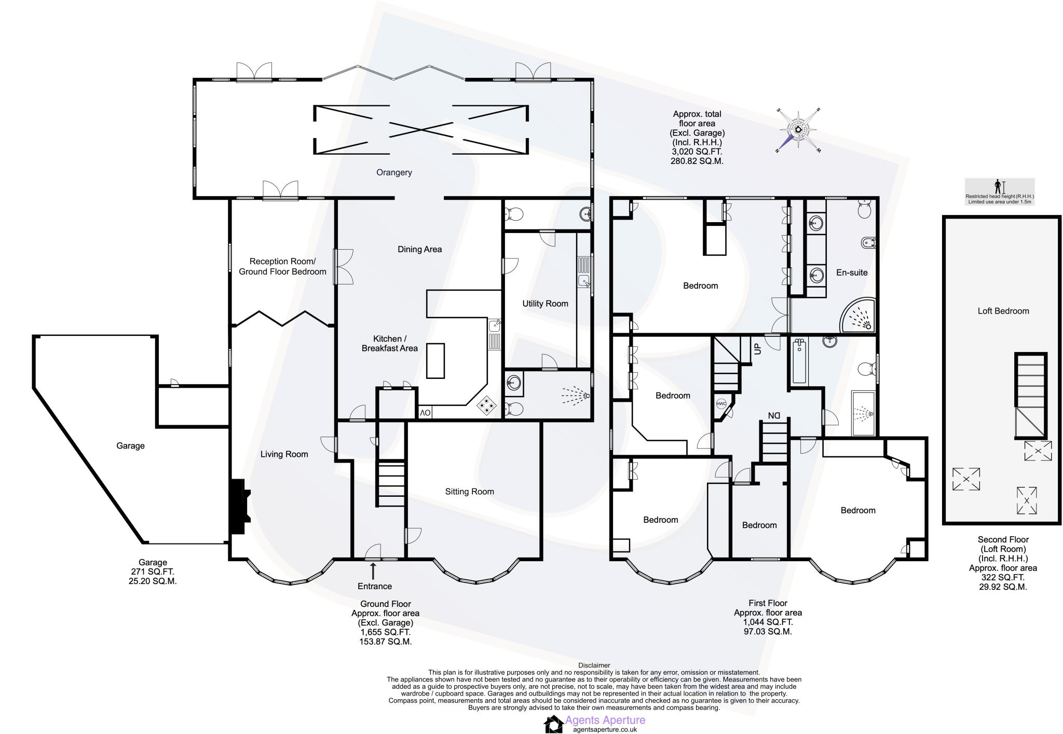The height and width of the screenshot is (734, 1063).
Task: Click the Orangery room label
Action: [394, 172]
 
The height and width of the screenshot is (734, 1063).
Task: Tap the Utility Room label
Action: [545, 304]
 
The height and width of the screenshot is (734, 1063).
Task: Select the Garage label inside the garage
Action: [130, 446]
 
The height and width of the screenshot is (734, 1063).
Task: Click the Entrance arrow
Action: [373, 571]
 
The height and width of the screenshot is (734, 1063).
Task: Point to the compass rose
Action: [798, 130]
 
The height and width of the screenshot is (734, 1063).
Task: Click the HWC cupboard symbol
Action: [721, 404]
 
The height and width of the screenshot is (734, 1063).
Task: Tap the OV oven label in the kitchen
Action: [425, 413]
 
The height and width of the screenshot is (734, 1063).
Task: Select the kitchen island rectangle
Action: [435, 361]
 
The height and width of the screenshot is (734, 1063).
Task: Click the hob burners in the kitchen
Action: [487, 405]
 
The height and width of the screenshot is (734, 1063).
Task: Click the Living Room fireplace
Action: [240, 507]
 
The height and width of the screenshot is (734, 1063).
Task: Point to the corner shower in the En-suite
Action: [859, 316]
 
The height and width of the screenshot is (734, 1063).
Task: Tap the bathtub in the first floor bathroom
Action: [799, 361]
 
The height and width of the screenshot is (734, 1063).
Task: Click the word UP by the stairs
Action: [757, 349]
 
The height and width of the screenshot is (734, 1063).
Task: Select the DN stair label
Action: [774, 416]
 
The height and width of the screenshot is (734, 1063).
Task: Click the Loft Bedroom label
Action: [1003, 311]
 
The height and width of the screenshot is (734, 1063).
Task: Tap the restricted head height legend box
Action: [999, 192]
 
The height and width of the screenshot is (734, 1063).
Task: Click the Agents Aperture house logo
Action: [553, 724]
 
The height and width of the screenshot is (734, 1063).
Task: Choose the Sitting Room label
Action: [469, 492]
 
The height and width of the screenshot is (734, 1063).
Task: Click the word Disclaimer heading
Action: [594, 665]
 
